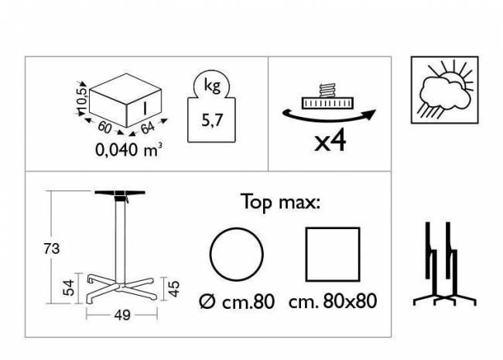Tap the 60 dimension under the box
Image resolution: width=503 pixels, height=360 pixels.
104,128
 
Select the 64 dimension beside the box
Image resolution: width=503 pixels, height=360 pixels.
148,128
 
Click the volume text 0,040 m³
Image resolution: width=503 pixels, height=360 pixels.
128,149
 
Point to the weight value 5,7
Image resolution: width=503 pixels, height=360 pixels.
212,120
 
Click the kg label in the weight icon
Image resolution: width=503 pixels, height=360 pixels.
212,85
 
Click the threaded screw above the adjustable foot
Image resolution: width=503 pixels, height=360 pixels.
327,90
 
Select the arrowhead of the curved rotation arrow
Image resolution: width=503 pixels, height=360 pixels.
370,115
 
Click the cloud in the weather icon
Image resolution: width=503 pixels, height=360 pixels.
443,93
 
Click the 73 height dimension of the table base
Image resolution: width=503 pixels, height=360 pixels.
52,249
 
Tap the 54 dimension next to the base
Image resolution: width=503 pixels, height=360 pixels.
69,288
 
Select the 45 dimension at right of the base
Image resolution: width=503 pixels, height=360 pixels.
174,289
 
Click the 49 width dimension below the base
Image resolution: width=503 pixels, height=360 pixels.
122,315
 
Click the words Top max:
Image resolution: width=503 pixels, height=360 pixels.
280,202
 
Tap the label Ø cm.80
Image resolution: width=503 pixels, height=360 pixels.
237,302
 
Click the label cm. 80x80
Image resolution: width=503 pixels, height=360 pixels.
333,302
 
